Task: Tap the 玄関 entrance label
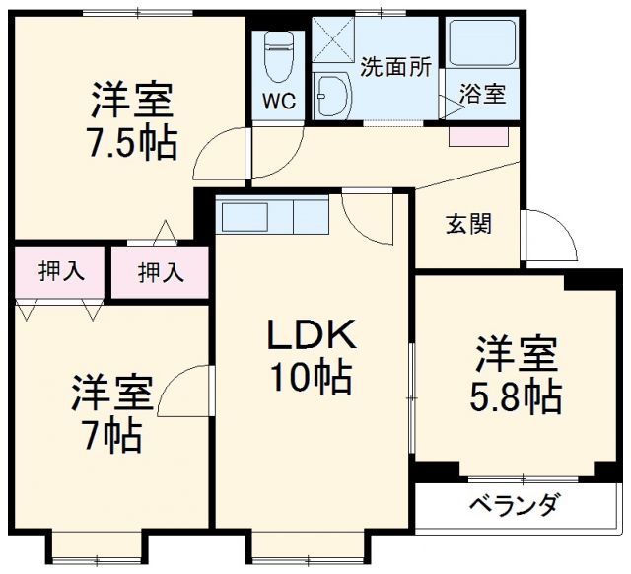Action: tap(468, 223)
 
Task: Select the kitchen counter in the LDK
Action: tap(273, 214)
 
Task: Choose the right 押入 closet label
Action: tap(160, 271)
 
